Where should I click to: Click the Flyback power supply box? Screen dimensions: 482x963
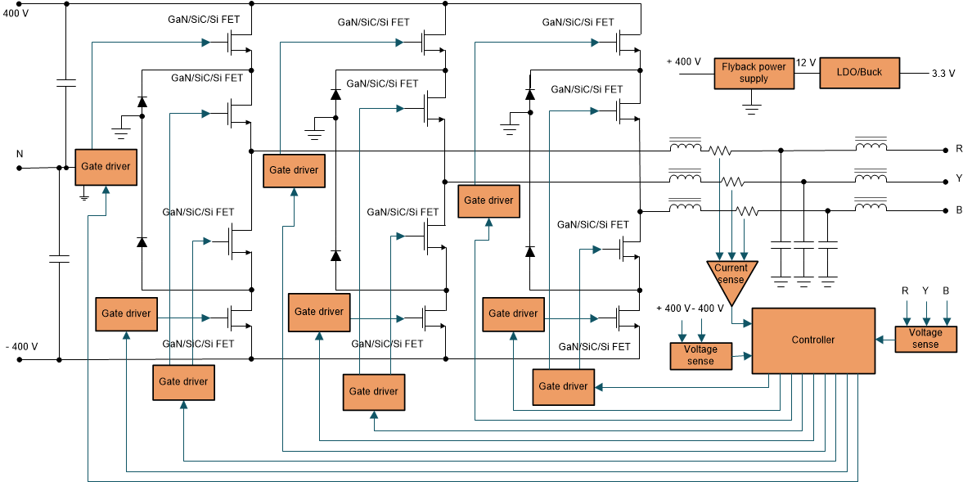754,74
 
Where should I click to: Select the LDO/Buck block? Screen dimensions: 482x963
859,73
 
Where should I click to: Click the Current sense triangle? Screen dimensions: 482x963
731,273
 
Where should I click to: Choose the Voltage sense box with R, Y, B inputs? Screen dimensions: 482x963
925,339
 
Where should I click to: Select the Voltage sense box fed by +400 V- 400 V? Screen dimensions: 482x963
700,355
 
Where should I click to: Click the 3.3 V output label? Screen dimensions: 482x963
943,74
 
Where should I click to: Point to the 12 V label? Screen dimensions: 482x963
805,63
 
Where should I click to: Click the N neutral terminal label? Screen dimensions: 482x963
20,154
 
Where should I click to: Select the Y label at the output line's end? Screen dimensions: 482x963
958,178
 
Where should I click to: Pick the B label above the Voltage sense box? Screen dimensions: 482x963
946,291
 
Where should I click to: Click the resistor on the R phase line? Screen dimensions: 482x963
719,151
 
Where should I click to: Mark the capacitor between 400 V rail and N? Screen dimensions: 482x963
65,83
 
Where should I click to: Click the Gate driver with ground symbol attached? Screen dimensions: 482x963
106,167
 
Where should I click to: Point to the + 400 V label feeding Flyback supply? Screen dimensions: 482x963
683,61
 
